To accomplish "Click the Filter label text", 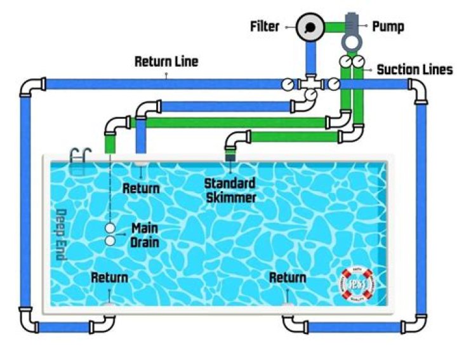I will point(265,27).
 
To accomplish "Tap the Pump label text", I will point(388,27).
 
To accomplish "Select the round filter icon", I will point(310,27).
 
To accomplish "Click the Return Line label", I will point(166,62).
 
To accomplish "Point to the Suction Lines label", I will point(414,69).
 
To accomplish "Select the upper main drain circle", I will point(110,227).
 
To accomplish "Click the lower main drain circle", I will point(110,241).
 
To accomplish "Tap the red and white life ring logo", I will point(357,284).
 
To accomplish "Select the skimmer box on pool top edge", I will point(230,155).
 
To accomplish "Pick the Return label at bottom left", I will point(109,277).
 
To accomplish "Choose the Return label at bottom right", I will point(288,277).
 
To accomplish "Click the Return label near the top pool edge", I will point(141,188).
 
